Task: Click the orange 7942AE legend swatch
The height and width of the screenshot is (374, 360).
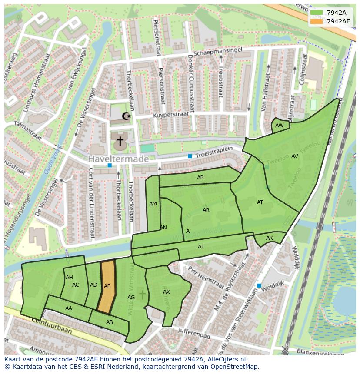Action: tap(317, 21)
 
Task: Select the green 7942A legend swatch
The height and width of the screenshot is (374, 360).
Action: tap(317, 13)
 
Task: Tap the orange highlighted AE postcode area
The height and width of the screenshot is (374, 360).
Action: tap(107, 286)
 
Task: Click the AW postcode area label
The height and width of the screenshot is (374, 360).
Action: tap(280, 125)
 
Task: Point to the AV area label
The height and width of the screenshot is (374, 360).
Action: tap(294, 156)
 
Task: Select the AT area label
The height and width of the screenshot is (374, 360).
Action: tap(260, 202)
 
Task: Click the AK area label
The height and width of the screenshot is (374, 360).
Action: tap(270, 238)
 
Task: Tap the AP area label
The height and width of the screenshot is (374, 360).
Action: tap(200, 178)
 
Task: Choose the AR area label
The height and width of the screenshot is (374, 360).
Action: tap(206, 210)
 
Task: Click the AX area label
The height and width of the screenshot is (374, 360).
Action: tap(167, 292)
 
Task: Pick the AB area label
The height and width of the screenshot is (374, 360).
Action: tap(110, 322)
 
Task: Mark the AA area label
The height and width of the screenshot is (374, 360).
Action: tap(69, 308)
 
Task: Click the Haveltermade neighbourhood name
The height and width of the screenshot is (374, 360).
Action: tap(118, 159)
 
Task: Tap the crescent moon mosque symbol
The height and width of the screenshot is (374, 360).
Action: tap(127, 116)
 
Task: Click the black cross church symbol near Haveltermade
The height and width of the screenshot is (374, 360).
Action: tap(120, 141)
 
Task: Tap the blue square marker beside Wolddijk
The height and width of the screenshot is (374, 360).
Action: tap(259, 285)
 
